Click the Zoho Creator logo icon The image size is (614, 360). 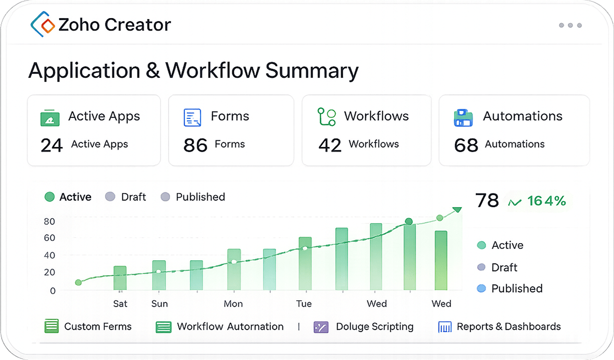click(43, 24)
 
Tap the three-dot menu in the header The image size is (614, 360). click(570, 25)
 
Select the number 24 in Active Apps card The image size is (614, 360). click(52, 145)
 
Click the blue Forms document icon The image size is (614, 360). click(192, 117)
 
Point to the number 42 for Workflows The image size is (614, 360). click(330, 145)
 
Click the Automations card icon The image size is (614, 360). click(463, 118)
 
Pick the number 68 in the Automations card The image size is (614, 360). click(466, 145)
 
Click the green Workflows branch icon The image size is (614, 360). click(327, 117)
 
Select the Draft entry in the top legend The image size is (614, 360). click(125, 197)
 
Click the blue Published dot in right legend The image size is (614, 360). click(482, 288)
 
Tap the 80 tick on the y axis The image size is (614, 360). click(49, 221)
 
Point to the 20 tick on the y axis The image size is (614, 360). click(49, 272)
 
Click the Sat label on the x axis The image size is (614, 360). click(120, 303)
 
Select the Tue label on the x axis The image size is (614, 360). click(303, 303)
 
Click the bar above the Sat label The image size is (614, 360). click(120, 278)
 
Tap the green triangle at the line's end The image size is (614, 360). click(457, 210)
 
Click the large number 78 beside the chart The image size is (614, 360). click(487, 200)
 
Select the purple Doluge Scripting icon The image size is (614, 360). click(321, 327)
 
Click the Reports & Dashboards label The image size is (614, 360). click(509, 326)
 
